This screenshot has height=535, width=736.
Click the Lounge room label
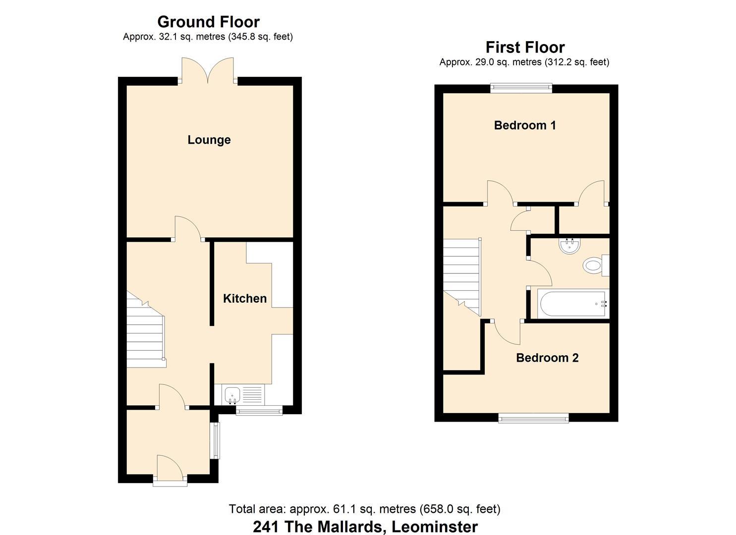coord(209,140)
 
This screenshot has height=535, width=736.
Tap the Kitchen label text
coord(245,299)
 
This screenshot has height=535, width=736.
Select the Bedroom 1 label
coord(525,125)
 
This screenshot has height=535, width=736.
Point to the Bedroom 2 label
coord(547,358)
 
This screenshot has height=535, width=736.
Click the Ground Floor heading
coord(209,22)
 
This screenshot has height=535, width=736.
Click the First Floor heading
coord(525,47)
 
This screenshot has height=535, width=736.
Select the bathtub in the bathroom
coord(573,304)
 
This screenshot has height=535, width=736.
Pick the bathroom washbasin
coord(570,246)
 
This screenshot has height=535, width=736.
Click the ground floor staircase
coord(146,330)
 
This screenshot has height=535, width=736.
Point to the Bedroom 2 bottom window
coord(534,418)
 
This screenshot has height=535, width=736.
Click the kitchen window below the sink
coord(259,411)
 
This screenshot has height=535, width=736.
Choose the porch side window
coord(216,440)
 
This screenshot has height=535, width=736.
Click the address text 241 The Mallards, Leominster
coord(365,527)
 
